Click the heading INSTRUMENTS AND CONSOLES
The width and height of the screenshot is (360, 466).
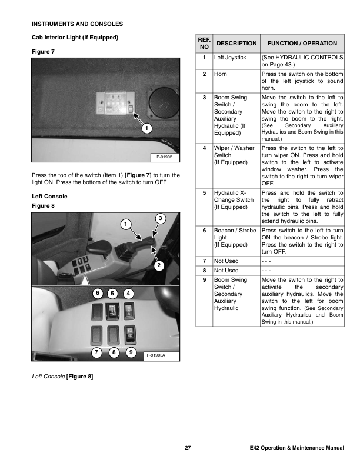[x=76, y=24]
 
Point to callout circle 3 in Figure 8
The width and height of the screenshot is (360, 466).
[x=161, y=219]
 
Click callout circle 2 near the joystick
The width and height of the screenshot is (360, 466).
[x=159, y=266]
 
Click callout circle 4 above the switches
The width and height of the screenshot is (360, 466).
[x=129, y=293]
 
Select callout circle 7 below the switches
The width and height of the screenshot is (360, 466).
[x=97, y=352]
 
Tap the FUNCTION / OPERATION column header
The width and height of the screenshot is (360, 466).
[x=302, y=44]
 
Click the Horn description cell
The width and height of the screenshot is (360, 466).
[x=221, y=75]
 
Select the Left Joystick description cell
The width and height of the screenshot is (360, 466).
[x=229, y=58]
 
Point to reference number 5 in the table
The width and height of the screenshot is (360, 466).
[x=204, y=192]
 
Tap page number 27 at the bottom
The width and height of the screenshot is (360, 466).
[x=188, y=450]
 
